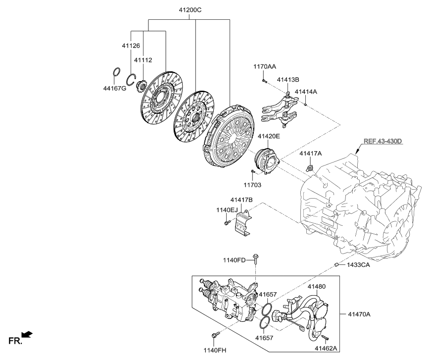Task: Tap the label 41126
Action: (x=131, y=46)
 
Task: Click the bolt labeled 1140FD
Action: (x=255, y=257)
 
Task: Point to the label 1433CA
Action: (x=359, y=265)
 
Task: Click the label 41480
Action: (x=317, y=287)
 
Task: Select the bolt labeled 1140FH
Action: (x=214, y=337)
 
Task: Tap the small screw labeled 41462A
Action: (x=324, y=338)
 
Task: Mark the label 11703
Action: (x=253, y=184)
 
